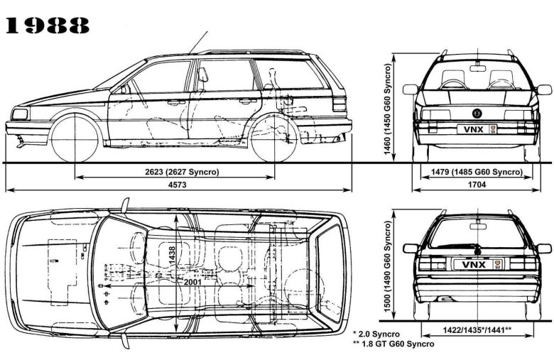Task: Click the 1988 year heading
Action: pos(48,26)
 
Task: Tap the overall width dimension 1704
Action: pos(477,185)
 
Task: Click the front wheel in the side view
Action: pos(76,138)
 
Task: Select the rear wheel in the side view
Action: pos(274,138)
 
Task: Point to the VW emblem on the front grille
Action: pos(477,113)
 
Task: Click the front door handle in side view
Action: pos(173,102)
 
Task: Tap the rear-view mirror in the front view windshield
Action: pos(477,69)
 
